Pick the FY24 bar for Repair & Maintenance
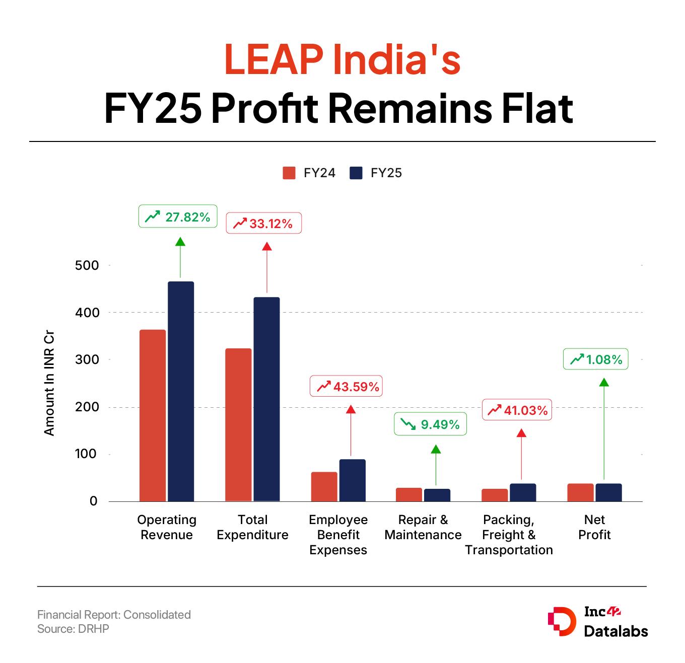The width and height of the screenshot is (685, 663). [x=409, y=494]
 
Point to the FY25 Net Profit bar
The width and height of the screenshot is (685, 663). [x=608, y=492]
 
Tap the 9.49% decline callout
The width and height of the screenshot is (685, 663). [x=430, y=424]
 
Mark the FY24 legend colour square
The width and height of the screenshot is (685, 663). [x=289, y=173]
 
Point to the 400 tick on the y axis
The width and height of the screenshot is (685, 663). [x=87, y=312]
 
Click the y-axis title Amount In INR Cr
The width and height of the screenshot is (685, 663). [x=49, y=383]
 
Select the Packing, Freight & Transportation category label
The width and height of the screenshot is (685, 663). [x=509, y=535]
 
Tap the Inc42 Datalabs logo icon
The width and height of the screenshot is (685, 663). [x=561, y=622]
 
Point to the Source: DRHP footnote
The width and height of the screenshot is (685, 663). [x=73, y=629]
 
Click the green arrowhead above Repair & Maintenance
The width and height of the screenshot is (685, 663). [x=436, y=449]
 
